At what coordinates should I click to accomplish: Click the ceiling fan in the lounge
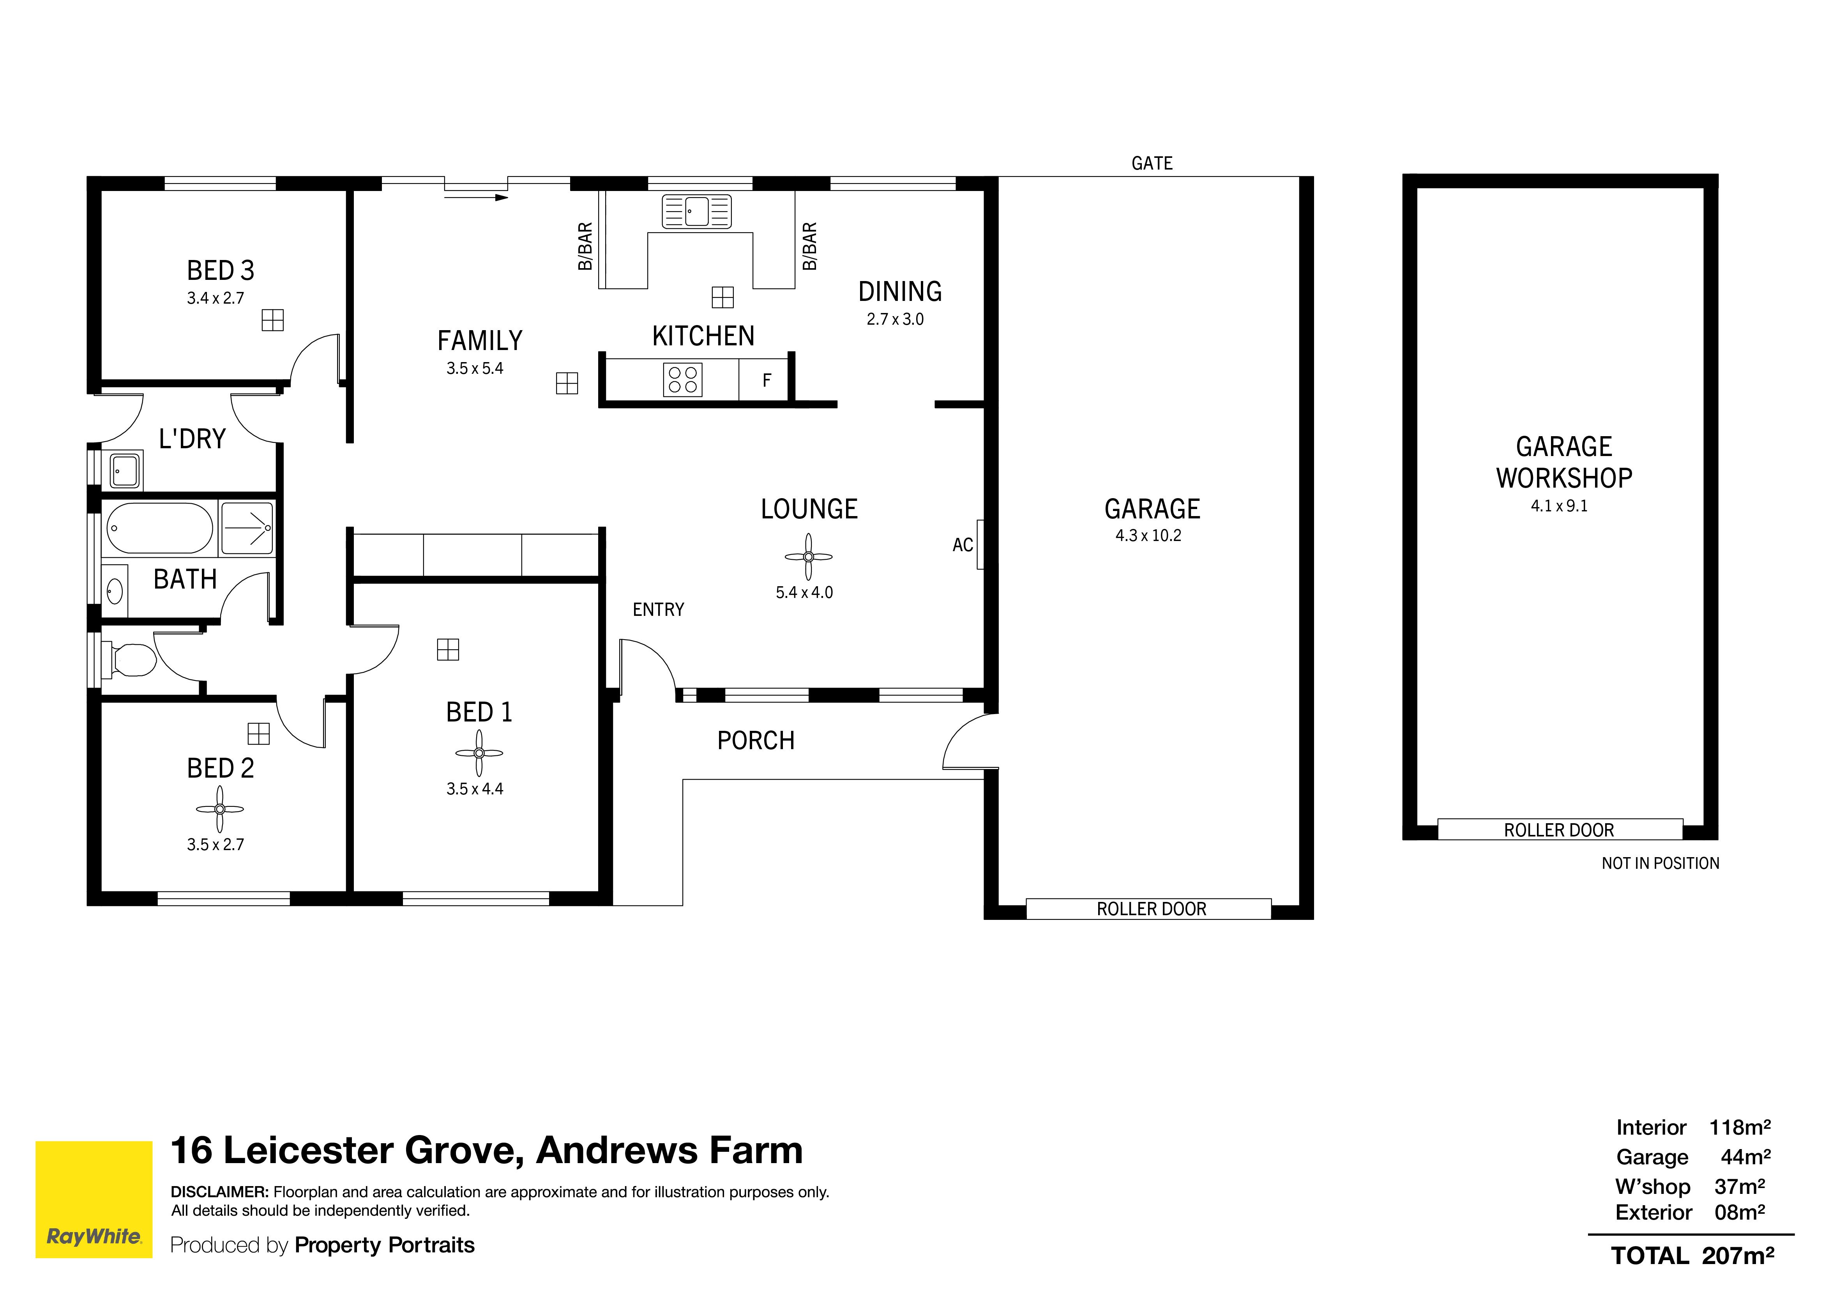(808, 557)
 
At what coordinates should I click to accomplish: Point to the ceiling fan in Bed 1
(479, 753)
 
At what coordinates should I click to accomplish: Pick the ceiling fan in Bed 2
(220, 809)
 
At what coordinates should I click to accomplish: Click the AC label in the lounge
(962, 545)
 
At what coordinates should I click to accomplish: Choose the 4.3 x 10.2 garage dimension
(1148, 536)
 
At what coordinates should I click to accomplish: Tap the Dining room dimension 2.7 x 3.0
(895, 319)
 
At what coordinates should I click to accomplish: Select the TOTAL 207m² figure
(1692, 1255)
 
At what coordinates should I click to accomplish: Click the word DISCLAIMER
(219, 1192)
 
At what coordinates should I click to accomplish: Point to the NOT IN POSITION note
(1660, 863)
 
